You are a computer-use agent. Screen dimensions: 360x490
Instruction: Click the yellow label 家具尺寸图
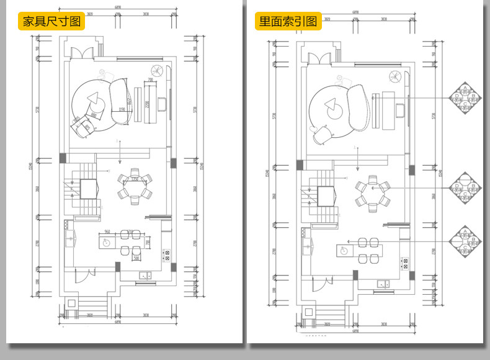point(52,21)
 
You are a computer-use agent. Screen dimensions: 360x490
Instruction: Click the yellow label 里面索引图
point(288,21)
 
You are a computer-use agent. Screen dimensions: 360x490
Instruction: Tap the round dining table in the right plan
point(372,192)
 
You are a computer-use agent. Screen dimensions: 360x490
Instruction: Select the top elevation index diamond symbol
point(465,97)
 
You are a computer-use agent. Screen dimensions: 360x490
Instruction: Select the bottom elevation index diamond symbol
point(465,241)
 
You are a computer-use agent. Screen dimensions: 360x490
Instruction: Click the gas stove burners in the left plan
point(166,254)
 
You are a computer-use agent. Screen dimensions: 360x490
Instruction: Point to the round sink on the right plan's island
point(343,250)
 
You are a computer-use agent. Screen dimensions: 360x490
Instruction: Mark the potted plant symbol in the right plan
point(394,77)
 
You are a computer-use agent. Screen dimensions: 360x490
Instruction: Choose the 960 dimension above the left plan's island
point(107,232)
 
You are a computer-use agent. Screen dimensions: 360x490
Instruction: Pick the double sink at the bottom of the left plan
point(145,275)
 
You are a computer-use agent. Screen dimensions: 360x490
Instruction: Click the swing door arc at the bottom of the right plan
point(321,284)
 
